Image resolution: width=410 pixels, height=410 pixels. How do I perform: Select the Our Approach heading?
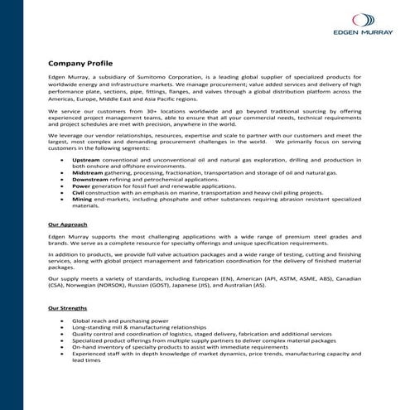coord(66,225)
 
